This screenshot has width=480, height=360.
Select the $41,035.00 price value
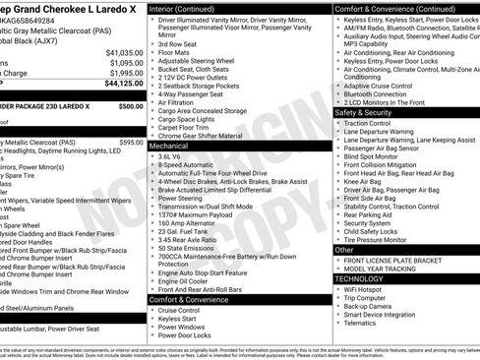pos(124,51)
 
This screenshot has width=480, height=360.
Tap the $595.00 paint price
pos(130,143)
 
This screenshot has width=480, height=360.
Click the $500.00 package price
pos(130,105)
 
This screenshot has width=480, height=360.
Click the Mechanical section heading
pos(168,145)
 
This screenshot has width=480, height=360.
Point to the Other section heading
pos(345,250)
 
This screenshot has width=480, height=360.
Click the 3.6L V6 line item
pos(173,156)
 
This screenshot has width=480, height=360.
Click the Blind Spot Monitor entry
pos(371,155)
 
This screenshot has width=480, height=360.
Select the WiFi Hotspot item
pos(366,292)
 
